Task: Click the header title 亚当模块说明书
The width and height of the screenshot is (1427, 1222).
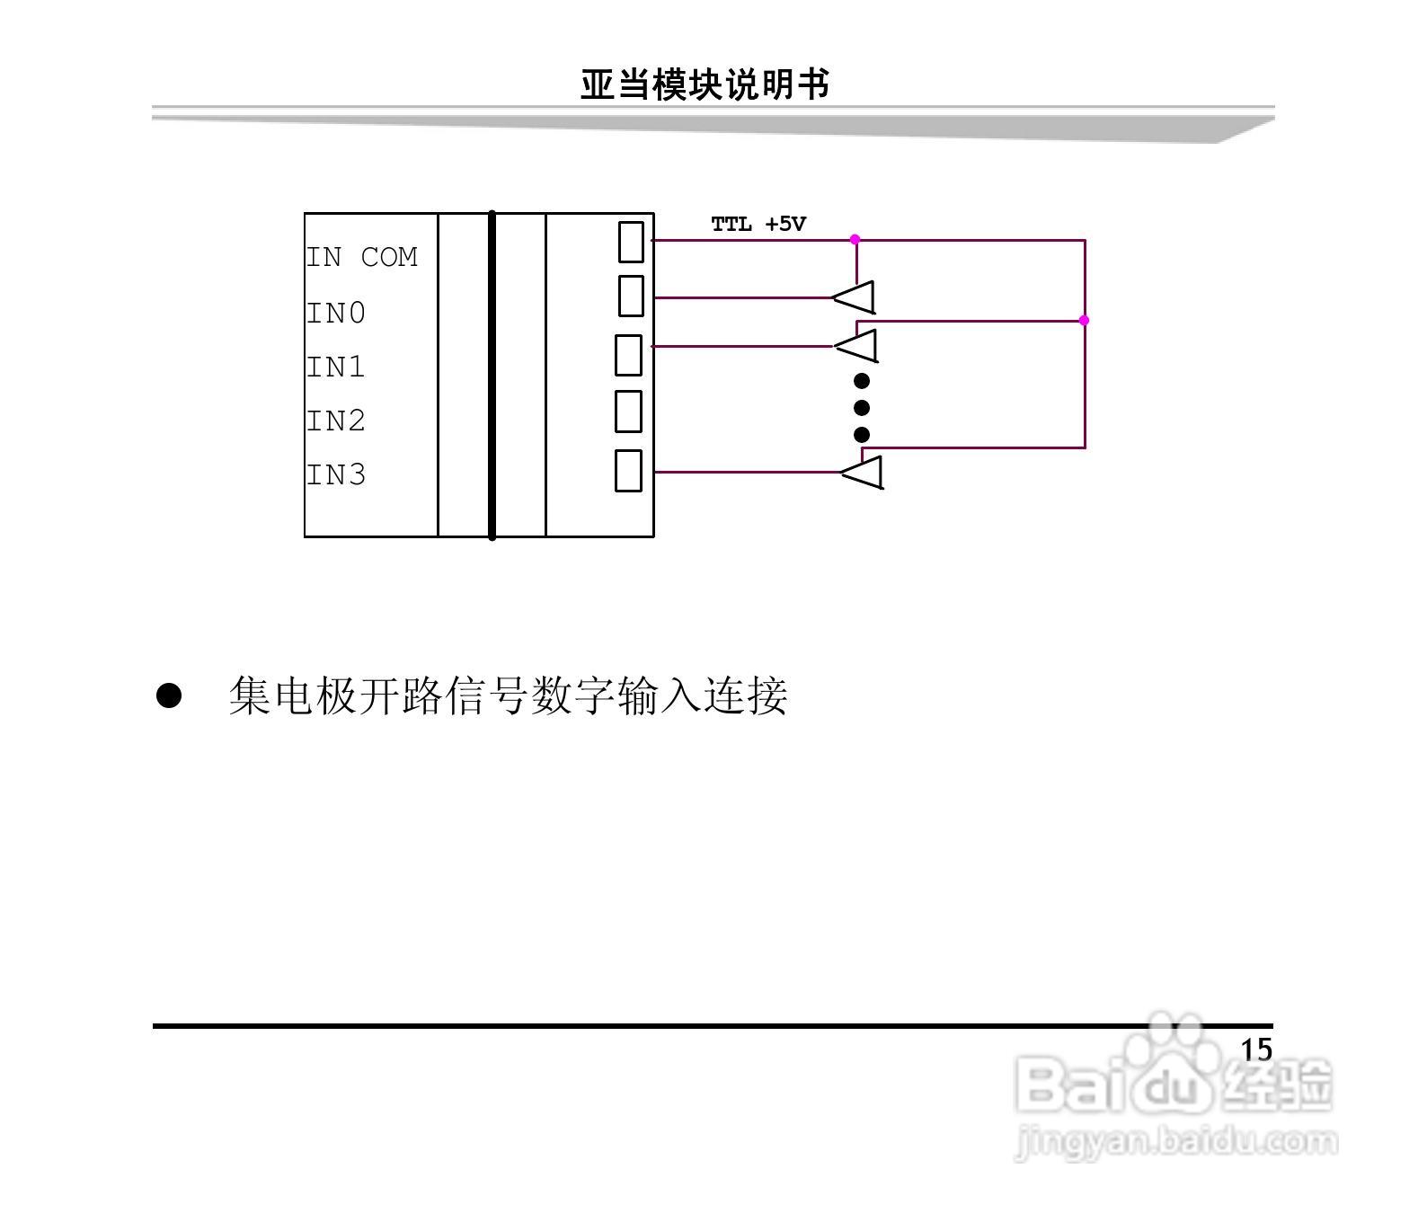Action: (704, 85)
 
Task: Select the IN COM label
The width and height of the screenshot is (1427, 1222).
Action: (362, 257)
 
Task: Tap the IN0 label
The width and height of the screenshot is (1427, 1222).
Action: (336, 313)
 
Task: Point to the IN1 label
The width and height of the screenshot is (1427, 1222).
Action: (336, 367)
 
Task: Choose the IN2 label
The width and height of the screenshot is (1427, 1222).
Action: (336, 421)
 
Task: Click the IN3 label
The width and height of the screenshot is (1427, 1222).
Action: (336, 474)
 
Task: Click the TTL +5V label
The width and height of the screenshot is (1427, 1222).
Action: (758, 225)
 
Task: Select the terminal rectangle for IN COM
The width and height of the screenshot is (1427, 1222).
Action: (631, 242)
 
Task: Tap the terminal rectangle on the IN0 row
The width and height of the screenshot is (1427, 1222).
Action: (631, 297)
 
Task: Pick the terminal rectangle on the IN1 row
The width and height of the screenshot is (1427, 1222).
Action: (628, 355)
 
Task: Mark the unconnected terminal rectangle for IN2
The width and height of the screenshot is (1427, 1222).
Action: (628, 412)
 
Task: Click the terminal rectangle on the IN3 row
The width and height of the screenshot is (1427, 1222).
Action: (628, 470)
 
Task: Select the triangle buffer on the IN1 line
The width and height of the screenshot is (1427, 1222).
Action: (858, 345)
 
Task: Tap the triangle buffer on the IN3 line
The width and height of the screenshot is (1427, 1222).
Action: (864, 472)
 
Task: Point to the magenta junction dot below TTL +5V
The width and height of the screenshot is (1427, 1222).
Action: (855, 240)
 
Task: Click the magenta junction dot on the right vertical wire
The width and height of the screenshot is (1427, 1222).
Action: (1084, 320)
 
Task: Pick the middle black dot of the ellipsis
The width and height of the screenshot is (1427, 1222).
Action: (862, 408)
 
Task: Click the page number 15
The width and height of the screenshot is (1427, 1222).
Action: (1256, 1049)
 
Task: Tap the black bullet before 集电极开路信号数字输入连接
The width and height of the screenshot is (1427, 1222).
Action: (169, 695)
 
